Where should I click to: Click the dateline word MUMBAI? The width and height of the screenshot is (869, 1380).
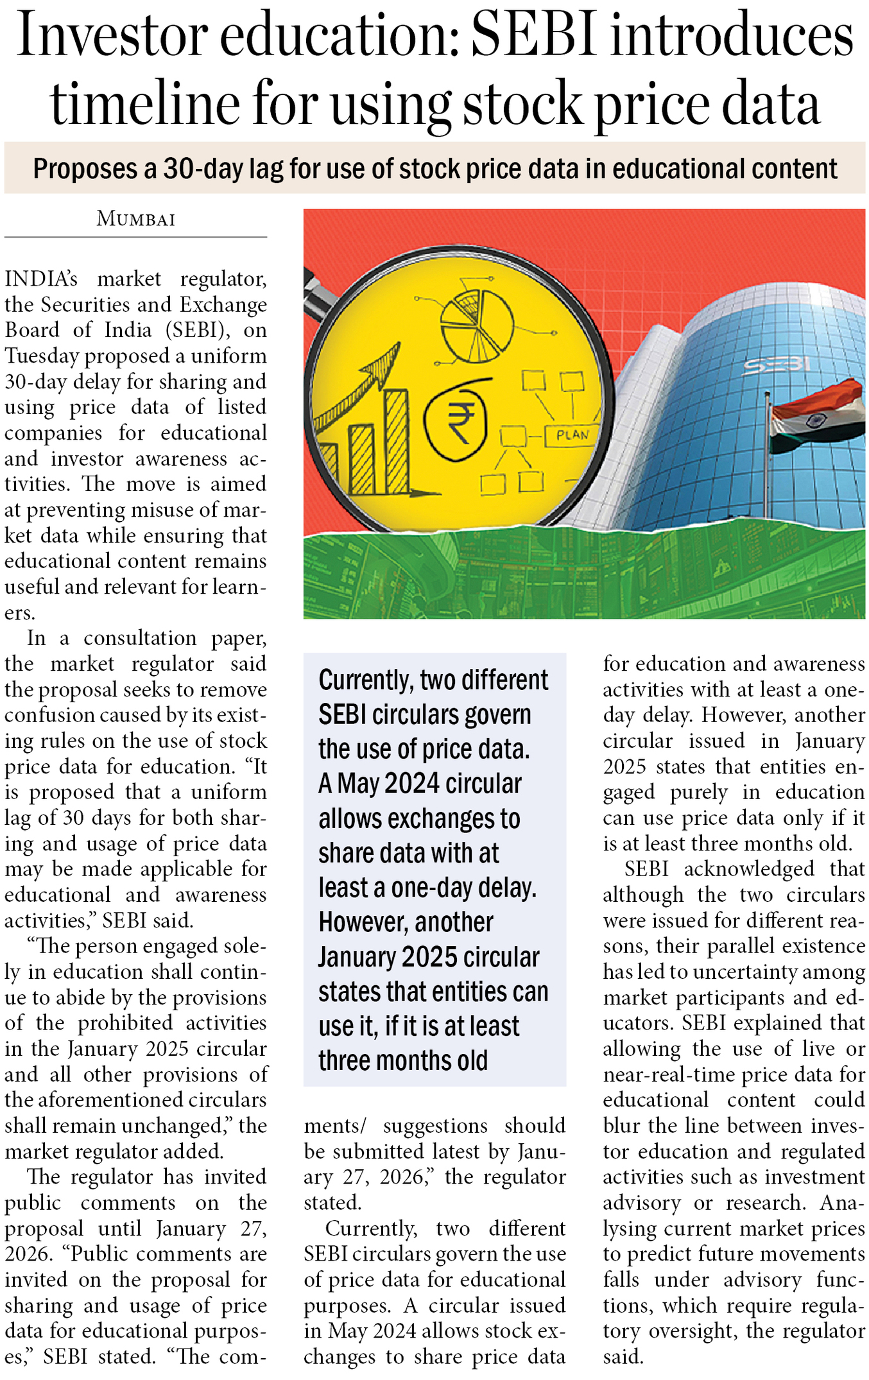click(135, 219)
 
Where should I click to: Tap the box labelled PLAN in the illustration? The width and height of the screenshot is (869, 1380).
click(572, 435)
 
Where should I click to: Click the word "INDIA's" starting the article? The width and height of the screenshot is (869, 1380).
click(41, 279)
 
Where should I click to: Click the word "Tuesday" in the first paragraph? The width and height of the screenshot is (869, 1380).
click(42, 356)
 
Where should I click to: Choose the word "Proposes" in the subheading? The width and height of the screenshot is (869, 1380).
click(85, 169)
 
